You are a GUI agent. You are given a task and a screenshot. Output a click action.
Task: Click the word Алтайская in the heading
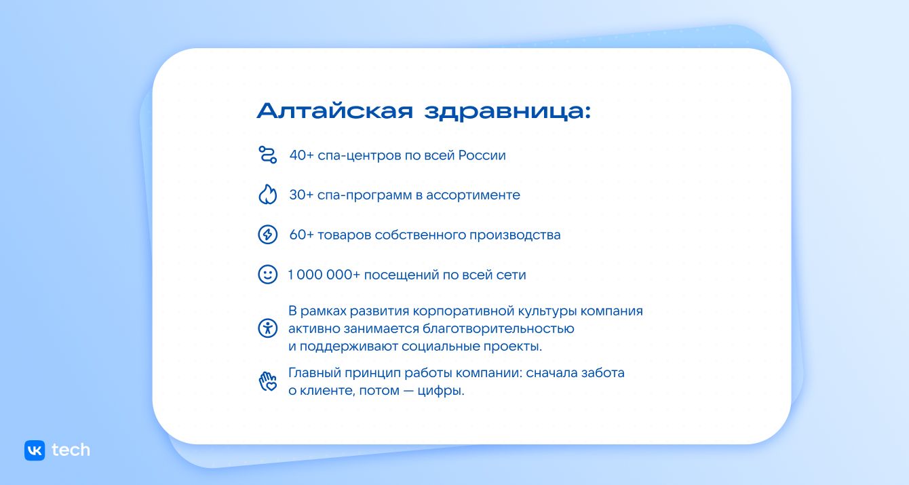coord(335,111)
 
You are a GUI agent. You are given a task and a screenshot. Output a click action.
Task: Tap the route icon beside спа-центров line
coord(268,155)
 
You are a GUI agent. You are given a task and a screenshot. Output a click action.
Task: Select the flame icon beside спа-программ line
coord(268,195)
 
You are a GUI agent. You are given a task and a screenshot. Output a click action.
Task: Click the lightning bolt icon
coord(268,235)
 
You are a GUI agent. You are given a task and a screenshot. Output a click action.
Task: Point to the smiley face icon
coord(268,275)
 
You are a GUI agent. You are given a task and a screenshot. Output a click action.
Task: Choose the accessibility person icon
coord(268,328)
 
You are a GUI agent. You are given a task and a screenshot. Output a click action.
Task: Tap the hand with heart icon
coord(268,381)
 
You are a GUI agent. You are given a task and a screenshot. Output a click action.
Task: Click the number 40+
coord(302,155)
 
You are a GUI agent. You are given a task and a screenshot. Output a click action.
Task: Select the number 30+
coord(302,195)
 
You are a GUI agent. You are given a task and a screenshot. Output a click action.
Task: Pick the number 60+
coord(302,235)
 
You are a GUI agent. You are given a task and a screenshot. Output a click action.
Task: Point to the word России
coord(482,155)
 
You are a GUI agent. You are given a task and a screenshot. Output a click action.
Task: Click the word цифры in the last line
coord(445,391)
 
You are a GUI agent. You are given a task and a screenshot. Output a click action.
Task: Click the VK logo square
coord(35,450)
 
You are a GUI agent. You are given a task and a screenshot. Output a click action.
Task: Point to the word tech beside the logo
coord(71,450)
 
